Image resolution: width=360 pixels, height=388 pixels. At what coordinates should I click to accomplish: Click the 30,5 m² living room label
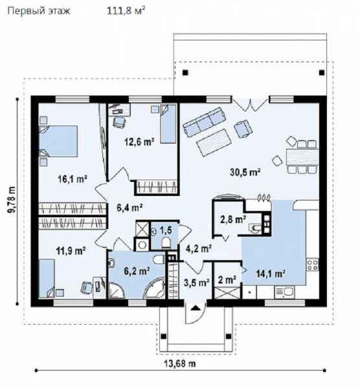tap(245, 172)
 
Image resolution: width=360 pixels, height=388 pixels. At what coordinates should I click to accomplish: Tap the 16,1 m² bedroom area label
tap(73, 178)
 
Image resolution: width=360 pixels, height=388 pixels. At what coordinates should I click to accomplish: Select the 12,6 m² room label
tap(139, 142)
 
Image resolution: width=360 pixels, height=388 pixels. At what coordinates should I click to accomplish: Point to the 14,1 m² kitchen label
tap(270, 274)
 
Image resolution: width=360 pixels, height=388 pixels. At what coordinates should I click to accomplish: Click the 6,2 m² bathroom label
tap(137, 271)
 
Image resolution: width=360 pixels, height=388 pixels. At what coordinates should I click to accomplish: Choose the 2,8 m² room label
tap(233, 219)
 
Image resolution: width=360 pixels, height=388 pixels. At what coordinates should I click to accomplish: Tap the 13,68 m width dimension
tap(180, 363)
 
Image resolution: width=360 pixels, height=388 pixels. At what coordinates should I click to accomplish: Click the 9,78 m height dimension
tap(12, 199)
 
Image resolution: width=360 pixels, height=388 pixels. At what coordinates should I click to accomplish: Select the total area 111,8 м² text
tap(126, 11)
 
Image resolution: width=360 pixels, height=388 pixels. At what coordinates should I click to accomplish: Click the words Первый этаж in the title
tap(39, 11)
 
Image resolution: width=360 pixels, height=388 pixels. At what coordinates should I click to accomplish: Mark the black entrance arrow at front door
tap(196, 308)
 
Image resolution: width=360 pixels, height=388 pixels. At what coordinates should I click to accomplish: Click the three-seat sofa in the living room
tap(204, 122)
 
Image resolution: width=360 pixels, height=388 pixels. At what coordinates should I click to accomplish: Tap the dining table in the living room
tap(302, 157)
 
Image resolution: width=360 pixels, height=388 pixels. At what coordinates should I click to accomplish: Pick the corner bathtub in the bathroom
tap(155, 288)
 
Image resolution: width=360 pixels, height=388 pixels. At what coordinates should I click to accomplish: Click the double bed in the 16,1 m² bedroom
tap(58, 141)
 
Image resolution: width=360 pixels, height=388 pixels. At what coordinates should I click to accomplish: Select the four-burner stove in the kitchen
tap(313, 264)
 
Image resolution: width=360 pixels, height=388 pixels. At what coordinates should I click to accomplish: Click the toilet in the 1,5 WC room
tap(166, 242)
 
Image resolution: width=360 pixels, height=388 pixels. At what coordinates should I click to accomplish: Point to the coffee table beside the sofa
tap(214, 142)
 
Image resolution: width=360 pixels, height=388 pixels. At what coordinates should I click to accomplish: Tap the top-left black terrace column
tap(185, 72)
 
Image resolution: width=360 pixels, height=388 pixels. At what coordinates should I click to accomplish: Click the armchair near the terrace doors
tap(243, 129)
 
